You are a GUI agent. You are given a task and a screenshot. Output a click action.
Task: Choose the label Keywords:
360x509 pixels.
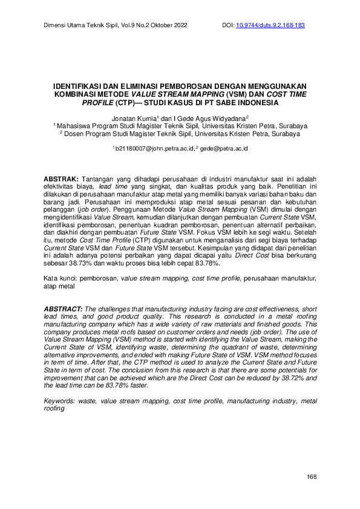(61, 401)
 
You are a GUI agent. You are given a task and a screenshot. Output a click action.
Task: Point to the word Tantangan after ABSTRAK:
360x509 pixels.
(102, 180)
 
